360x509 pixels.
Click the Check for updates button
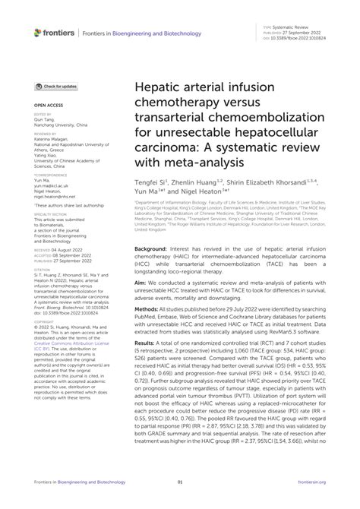pyautogui.click(x=55, y=87)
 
